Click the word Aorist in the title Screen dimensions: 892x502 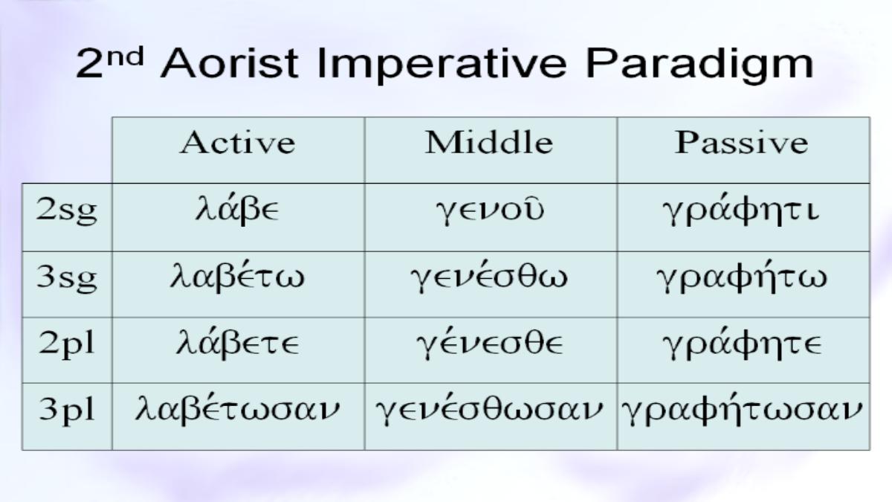point(230,63)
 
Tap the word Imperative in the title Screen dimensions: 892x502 point(442,65)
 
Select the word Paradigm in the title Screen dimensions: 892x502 point(699,65)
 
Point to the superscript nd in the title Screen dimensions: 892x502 point(125,57)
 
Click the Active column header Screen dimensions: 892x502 point(238,142)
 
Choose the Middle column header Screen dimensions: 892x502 point(489,142)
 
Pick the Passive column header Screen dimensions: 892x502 point(742,142)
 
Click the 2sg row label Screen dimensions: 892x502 point(66,210)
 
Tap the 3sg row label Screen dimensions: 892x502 point(66,277)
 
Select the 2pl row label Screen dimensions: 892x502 point(66,344)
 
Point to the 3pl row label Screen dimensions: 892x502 point(66,410)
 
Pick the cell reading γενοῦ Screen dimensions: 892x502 point(490,211)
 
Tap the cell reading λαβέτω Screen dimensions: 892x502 point(237,277)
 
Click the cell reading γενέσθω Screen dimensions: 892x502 point(489,277)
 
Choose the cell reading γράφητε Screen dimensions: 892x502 point(742,344)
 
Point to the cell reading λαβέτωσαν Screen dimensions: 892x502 point(237,409)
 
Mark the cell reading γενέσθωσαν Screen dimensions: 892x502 point(489,409)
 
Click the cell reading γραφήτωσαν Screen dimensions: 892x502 point(742,409)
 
